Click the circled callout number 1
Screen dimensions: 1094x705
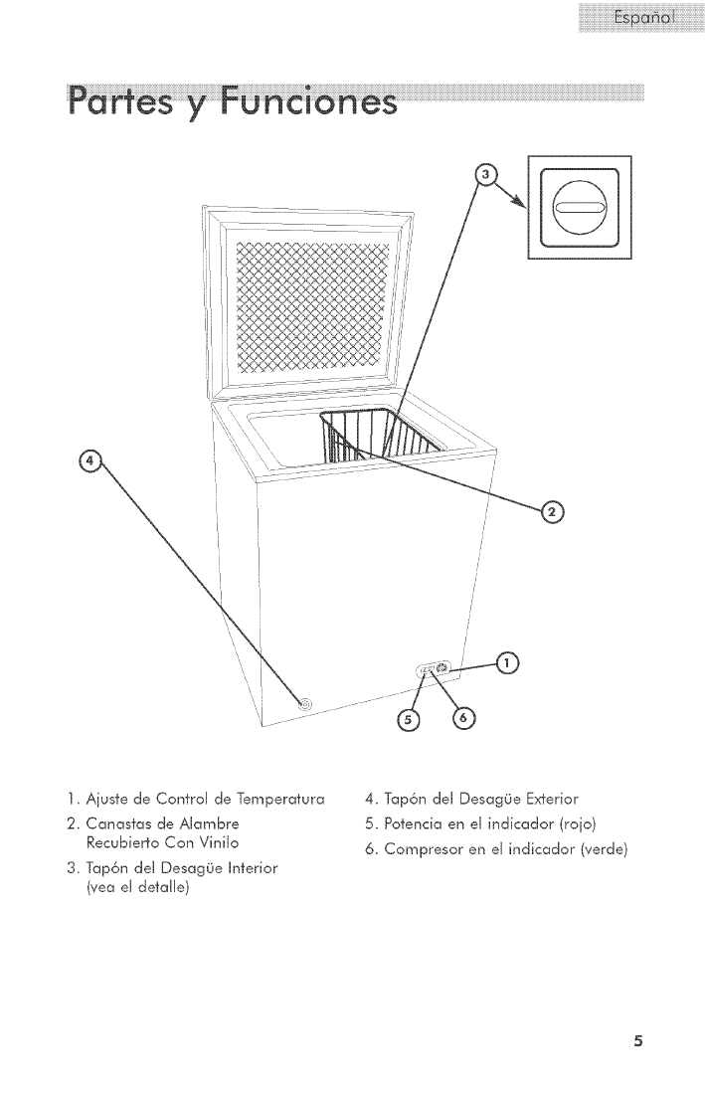(x=508, y=663)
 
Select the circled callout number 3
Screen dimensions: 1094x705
(x=485, y=175)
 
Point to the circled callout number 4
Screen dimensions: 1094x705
(x=90, y=460)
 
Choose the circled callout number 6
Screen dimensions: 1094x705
(x=463, y=718)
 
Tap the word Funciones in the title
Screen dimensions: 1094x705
(x=313, y=103)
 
